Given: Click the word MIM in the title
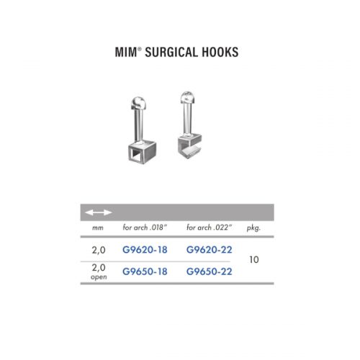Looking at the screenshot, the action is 126,52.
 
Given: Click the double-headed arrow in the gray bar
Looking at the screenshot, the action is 99,212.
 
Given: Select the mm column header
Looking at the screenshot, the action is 98,228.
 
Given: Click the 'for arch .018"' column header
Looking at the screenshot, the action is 145,228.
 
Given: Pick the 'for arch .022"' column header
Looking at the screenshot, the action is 210,228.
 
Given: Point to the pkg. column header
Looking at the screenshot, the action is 253,228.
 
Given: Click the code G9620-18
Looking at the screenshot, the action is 145,250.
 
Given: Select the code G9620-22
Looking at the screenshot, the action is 210,250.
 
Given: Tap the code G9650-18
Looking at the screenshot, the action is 145,271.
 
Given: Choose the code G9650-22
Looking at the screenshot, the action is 210,271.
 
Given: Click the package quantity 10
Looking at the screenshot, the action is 254,260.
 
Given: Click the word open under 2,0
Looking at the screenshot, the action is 99,277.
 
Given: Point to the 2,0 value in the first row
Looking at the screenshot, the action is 99,251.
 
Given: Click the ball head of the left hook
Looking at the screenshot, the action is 138,103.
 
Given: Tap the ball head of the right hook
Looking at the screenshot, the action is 187,97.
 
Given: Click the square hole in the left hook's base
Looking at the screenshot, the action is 135,154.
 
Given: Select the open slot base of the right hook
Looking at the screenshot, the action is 189,147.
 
